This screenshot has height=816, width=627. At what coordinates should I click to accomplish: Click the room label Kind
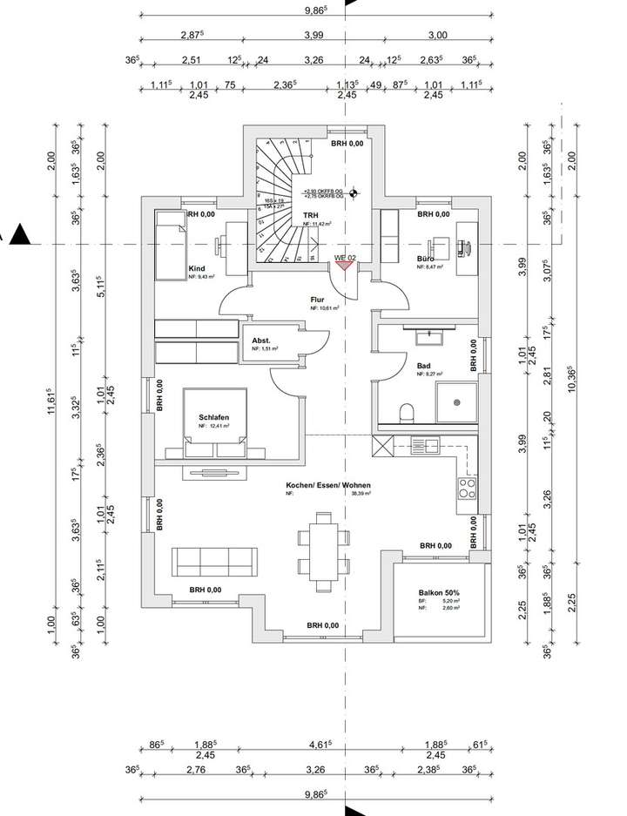(197, 269)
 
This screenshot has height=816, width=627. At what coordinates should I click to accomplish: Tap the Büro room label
(426, 259)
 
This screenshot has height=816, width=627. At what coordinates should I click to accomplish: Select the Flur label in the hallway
(317, 299)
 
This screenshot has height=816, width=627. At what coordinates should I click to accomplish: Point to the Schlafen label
(212, 417)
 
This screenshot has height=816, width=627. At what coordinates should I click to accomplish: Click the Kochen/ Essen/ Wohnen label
(327, 485)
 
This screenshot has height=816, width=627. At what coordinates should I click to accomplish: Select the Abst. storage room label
(261, 341)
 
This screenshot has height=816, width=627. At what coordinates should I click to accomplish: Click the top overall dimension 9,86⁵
(314, 10)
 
